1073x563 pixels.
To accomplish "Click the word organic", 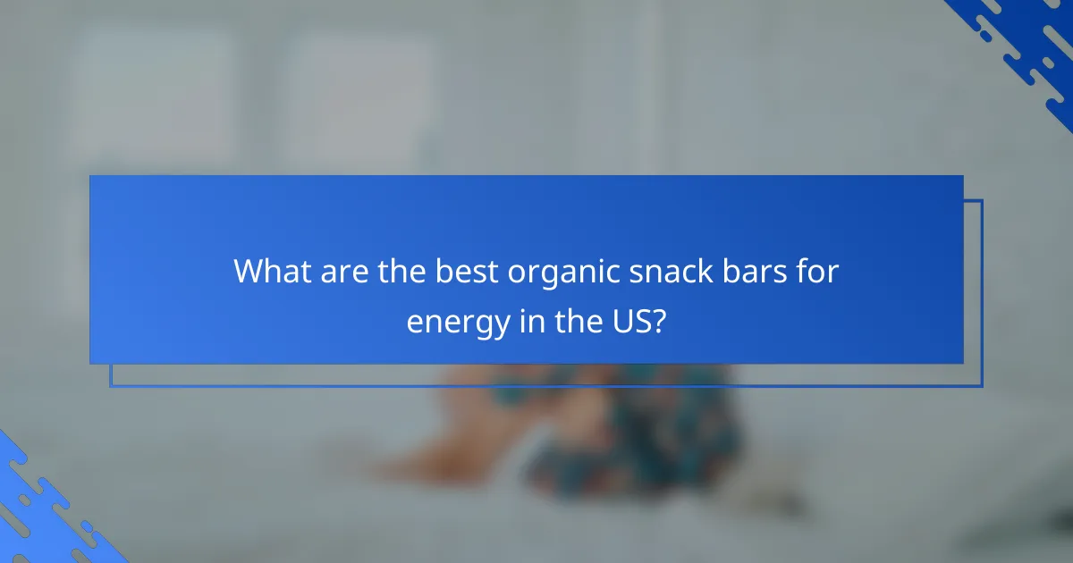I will coord(555,273).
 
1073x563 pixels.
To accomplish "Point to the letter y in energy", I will coord(497,325).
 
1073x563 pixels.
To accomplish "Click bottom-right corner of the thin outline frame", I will coord(982,386).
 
